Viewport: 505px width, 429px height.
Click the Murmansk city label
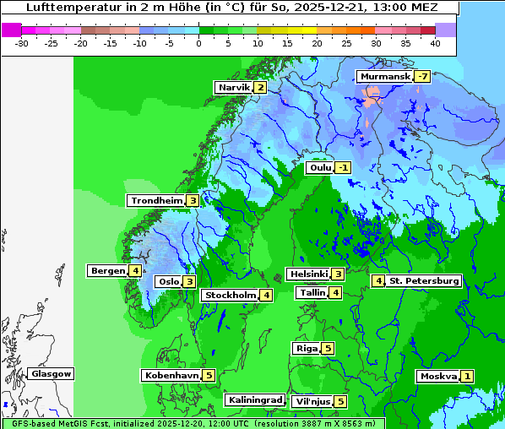tap(384, 77)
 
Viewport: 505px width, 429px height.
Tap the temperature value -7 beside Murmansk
tap(421, 77)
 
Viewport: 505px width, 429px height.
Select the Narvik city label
tap(233, 88)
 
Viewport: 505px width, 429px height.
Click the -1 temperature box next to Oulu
tap(342, 168)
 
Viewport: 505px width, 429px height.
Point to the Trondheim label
tap(156, 201)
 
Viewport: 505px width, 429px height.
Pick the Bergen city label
tap(107, 271)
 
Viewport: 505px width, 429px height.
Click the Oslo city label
tap(168, 282)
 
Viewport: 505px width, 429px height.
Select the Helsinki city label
tap(307, 274)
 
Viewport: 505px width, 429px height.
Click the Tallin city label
tap(312, 293)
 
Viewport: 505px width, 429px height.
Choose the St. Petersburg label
tap(424, 281)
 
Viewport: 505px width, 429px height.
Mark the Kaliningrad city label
tap(254, 400)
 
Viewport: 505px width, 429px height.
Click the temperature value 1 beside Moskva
tap(467, 377)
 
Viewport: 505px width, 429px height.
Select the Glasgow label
tap(52, 374)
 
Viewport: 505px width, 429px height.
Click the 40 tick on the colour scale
tap(435, 42)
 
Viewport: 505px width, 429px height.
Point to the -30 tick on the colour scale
tap(22, 42)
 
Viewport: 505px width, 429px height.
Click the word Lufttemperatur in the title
tap(63, 7)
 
